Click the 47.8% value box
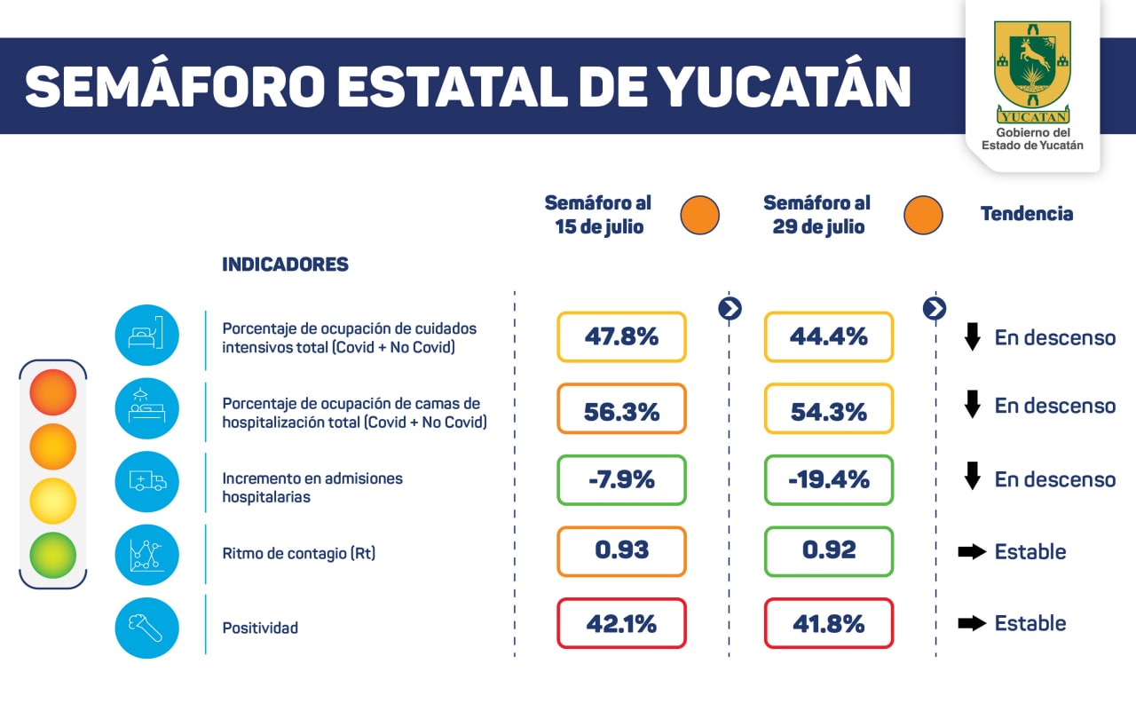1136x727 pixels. click(621, 336)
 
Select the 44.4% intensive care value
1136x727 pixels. click(828, 336)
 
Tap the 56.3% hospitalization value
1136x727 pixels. click(621, 409)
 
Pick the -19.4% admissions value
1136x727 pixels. click(828, 480)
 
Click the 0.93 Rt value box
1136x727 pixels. click(621, 551)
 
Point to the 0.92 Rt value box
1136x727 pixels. click(828, 551)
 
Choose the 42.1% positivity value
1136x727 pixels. click(621, 623)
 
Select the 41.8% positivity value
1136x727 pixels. click(828, 623)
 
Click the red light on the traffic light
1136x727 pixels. click(52, 392)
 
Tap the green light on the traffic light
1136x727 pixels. click(52, 554)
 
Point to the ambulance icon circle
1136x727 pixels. click(147, 481)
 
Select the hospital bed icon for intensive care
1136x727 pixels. click(147, 336)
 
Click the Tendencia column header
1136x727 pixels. click(1026, 214)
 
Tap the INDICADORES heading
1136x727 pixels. click(285, 265)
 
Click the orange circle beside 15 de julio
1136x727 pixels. click(699, 215)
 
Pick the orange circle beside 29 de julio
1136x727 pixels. click(923, 215)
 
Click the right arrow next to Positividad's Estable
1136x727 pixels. click(972, 623)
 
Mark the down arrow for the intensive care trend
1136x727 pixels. click(973, 337)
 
